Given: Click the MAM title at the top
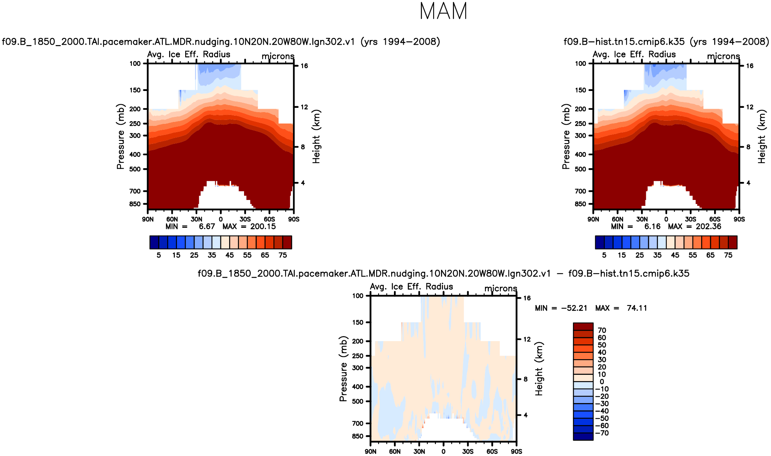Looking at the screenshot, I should coord(443,11).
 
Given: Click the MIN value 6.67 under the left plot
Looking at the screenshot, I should coord(207,227).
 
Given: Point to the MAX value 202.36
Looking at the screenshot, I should coord(708,227).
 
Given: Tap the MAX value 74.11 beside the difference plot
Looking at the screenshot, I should coord(636,308).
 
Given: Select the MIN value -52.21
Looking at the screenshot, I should coord(574,308).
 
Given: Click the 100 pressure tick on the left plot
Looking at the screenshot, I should coord(135,64).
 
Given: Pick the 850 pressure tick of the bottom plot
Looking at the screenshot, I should coord(357,436).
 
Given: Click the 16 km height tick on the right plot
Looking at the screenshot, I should coord(749,66).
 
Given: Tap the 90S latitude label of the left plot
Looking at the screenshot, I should coord(293,219).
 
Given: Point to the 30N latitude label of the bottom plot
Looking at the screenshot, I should coord(419,451).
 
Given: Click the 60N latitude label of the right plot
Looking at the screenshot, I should coord(617,219).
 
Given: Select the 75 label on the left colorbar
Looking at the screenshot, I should coord(283,255).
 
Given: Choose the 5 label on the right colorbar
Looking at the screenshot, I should coord(604,255).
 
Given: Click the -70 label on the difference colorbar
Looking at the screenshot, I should coord(602,433).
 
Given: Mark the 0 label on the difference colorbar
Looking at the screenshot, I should coord(601,382).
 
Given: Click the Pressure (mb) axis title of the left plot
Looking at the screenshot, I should coord(120,136).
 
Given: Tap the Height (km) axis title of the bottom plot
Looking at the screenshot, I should coord(539,369).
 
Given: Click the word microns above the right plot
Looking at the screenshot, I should coord(723,56).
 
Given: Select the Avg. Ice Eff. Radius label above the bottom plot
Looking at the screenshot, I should coord(411,287).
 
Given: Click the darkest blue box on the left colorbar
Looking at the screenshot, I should coord(154,242).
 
